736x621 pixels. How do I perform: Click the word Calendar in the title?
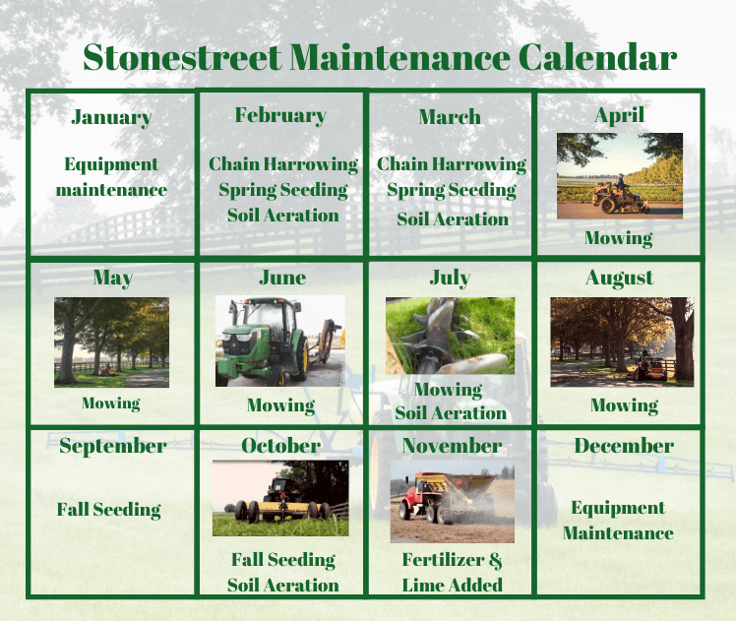coord(597,57)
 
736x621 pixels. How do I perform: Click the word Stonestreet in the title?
coord(182,57)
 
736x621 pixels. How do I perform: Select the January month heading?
coord(112,117)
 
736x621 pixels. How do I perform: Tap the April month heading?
coord(619,115)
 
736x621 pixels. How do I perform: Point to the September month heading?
coord(113,447)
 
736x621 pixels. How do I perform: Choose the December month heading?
coord(624,446)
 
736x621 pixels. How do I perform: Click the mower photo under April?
coord(620,176)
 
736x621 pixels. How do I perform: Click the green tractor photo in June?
coord(280,342)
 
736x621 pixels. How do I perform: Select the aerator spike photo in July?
coord(450,336)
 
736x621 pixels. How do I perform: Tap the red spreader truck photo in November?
coord(453,502)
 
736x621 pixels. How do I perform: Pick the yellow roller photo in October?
coord(280,498)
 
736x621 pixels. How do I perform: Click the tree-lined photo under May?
coord(112,342)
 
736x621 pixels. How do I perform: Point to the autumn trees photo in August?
coord(622,342)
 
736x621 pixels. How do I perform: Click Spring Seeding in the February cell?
coord(283,190)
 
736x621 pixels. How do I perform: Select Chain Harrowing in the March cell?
coord(452,164)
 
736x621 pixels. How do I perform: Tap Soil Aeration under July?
coord(451,413)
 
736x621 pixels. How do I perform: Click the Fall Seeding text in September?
coord(109,510)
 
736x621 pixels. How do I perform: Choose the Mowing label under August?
coord(624,405)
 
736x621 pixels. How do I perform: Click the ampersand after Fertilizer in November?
coord(495,560)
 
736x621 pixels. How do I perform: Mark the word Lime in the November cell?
coord(421,586)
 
